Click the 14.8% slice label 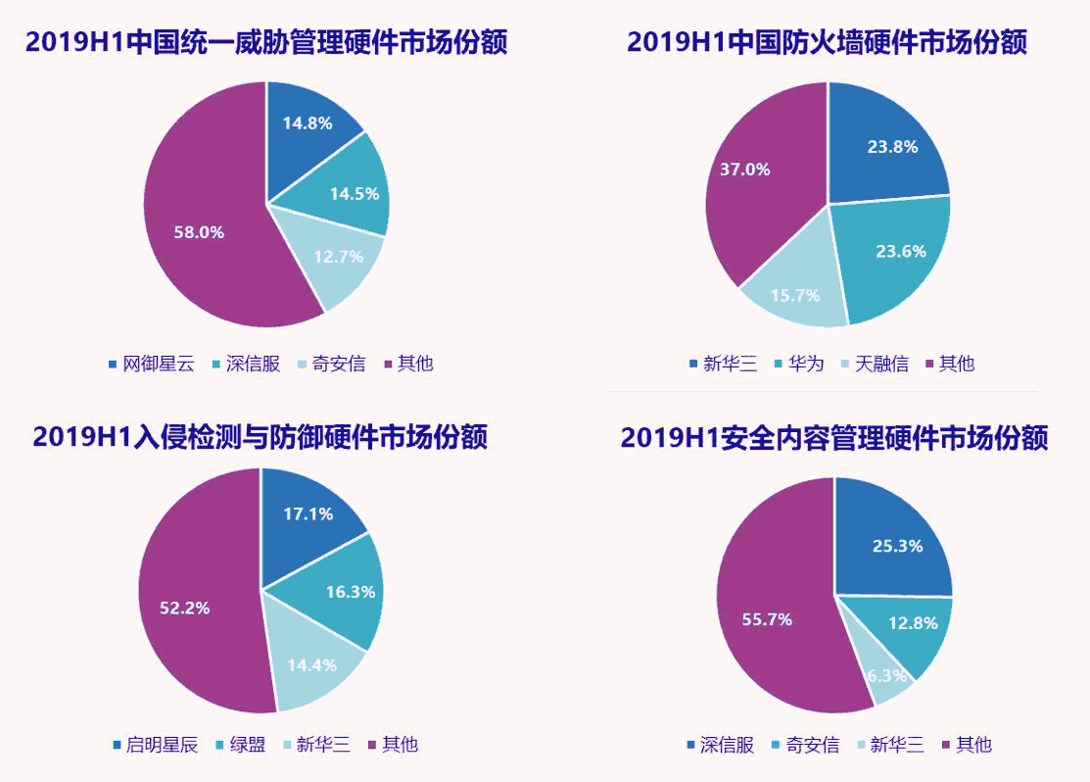pos(308,123)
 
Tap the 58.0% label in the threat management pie pos(199,232)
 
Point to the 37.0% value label pos(745,169)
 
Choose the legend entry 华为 pos(806,365)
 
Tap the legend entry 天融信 pos(880,365)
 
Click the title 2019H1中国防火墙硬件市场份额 pos(827,42)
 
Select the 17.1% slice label pos(308,513)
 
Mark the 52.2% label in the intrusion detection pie pos(185,608)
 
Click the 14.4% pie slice pos(312,664)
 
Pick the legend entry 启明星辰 pos(162,745)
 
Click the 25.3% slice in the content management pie pos(897,546)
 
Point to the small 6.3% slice pos(888,677)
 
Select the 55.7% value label pos(767,619)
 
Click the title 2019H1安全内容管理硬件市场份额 pos(834,438)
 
